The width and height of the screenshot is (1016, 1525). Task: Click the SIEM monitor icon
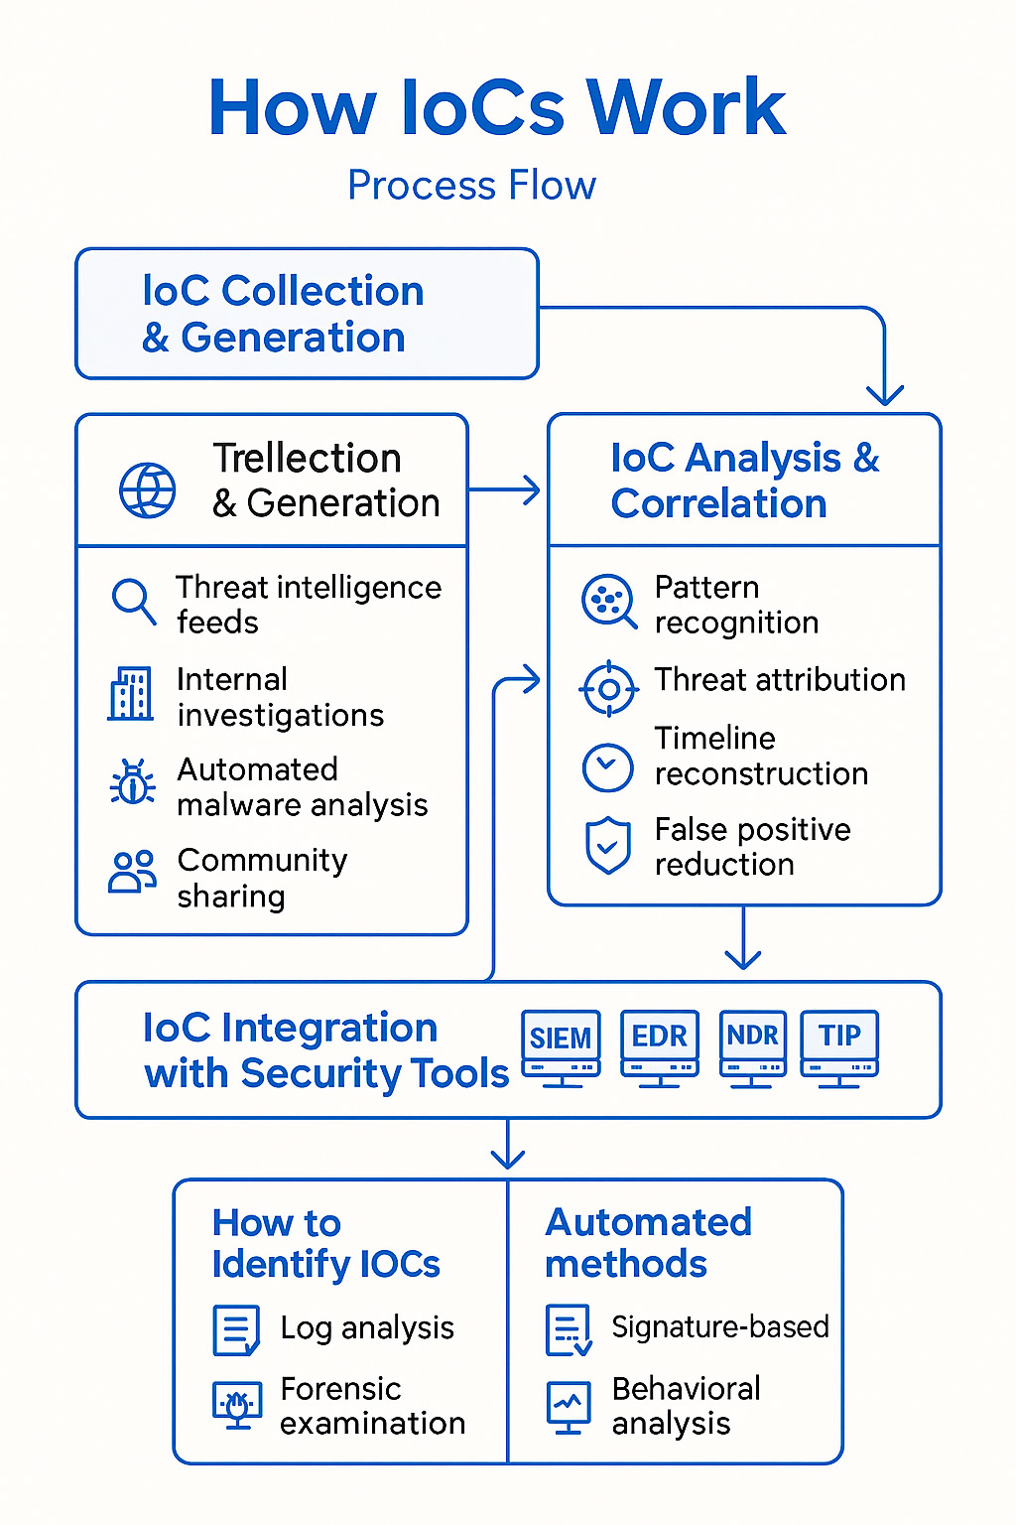point(561,1046)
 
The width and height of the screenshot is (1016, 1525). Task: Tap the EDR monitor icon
point(660,1046)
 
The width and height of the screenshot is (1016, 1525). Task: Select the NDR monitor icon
point(752,1046)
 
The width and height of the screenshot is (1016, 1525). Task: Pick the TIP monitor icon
point(839,1046)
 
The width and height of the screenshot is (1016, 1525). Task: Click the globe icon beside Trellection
point(148,489)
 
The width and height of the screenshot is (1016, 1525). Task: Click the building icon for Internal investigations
point(131,694)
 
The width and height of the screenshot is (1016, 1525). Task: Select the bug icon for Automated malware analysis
point(132,783)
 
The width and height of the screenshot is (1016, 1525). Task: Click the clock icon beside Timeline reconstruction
point(607,767)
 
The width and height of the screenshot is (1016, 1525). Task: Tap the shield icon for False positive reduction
point(607,846)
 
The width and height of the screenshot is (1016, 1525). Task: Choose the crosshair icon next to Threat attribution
point(608,688)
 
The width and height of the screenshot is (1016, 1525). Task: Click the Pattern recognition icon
point(608,601)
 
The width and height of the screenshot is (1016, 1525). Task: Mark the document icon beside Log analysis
point(236,1330)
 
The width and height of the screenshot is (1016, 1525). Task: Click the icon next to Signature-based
point(569,1330)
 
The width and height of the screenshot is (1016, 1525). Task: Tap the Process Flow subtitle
point(471,186)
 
